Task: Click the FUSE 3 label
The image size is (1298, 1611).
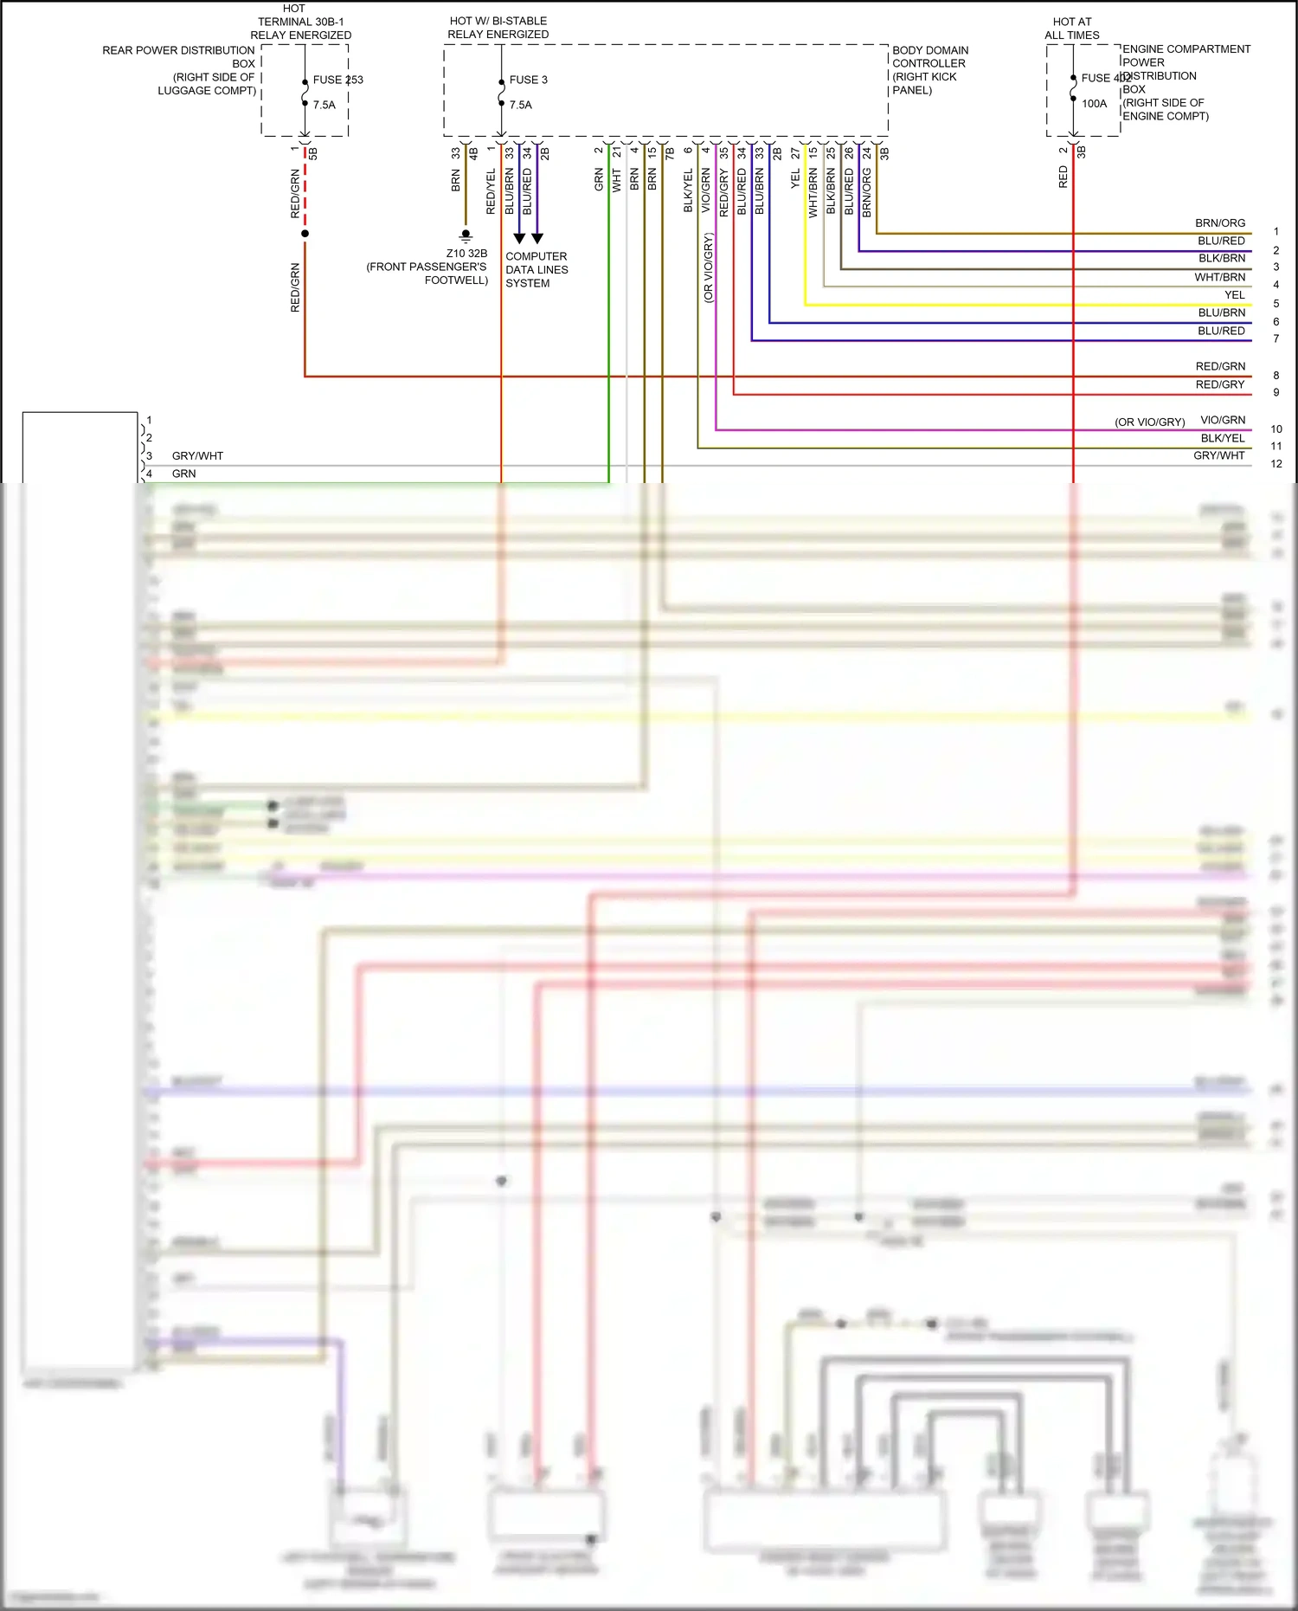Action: [528, 80]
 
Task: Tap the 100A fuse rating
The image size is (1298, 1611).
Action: [1094, 104]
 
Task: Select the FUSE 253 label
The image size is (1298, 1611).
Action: [337, 80]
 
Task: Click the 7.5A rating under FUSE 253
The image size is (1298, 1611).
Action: [324, 105]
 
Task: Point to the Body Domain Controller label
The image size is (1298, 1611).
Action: [930, 69]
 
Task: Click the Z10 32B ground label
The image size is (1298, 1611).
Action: [466, 254]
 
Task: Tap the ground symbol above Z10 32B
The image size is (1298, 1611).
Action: [466, 235]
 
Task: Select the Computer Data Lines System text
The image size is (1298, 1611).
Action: [537, 269]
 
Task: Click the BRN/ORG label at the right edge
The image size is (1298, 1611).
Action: [1220, 223]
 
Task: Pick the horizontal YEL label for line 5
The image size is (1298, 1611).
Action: [1235, 295]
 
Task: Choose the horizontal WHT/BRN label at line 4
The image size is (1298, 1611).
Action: [1220, 277]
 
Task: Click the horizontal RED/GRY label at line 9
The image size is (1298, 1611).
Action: [1220, 384]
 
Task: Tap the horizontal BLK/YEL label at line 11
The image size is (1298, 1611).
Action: [1223, 438]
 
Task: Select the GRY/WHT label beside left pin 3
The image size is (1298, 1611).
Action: [197, 455]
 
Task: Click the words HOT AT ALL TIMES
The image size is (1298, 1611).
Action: [1072, 29]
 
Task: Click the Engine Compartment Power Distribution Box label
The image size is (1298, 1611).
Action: [1186, 82]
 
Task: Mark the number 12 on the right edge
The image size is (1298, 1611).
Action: [1276, 464]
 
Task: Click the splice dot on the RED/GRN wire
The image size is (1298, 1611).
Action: [305, 234]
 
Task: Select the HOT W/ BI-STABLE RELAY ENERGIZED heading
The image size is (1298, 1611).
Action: [498, 28]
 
